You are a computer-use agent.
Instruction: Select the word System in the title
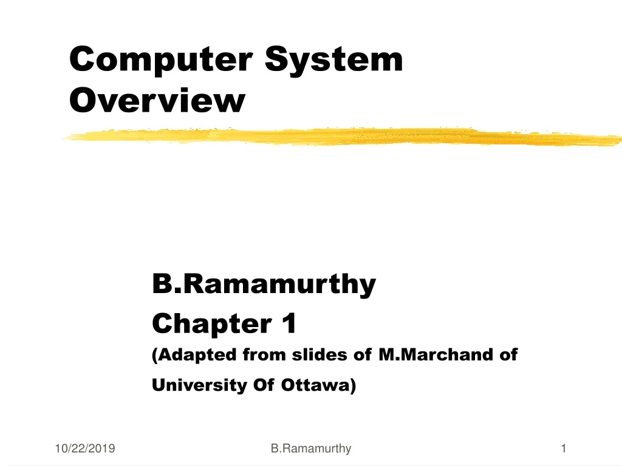coord(335,60)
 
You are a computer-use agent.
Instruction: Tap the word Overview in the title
coord(157,101)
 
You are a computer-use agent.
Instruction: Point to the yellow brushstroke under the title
coord(340,137)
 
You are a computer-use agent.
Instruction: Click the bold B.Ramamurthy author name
coord(264,284)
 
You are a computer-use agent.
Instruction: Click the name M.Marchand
coord(437,355)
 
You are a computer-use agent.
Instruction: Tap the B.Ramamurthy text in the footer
coord(311,449)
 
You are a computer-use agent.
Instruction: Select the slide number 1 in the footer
coord(564,449)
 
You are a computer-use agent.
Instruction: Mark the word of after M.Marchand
coord(508,355)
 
